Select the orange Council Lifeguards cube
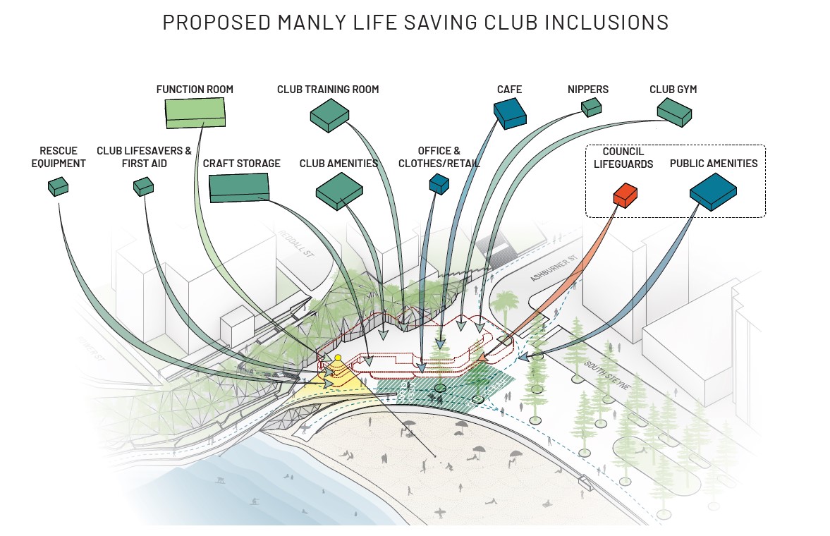[x=625, y=194]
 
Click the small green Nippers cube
[x=591, y=106]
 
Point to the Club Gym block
[x=674, y=111]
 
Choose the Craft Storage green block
[x=239, y=187]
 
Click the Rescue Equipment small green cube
[x=58, y=186]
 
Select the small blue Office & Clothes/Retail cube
[x=439, y=183]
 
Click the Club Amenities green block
[x=339, y=190]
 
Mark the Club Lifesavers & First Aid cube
[x=143, y=185]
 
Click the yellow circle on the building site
[x=338, y=358]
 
